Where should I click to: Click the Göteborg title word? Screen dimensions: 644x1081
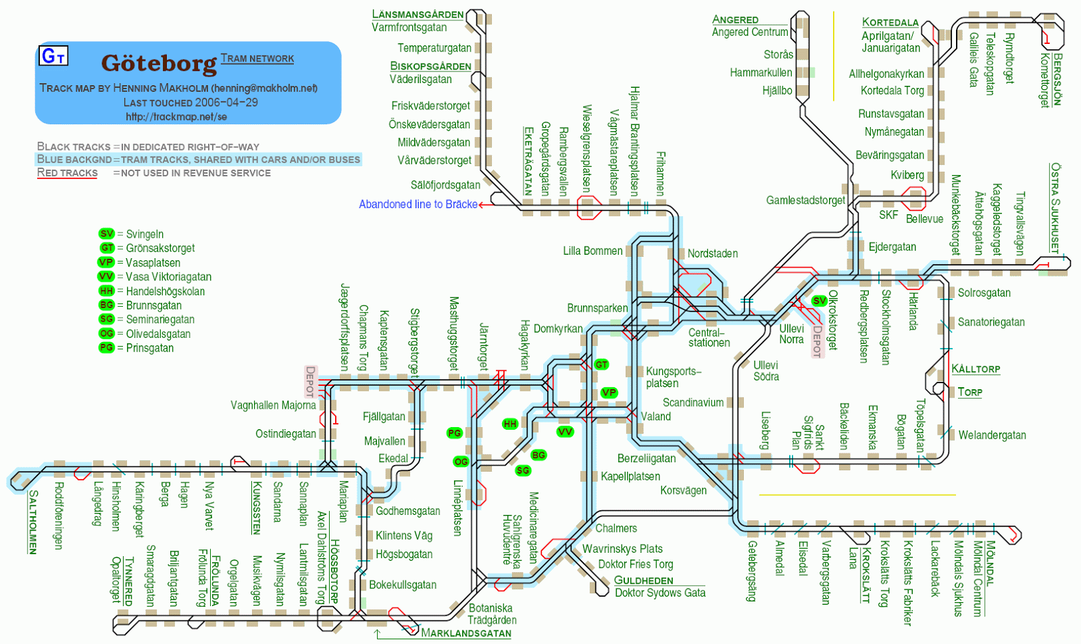click(159, 64)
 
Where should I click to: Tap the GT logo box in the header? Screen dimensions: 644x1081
click(53, 55)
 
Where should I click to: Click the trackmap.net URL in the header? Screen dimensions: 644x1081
click(176, 116)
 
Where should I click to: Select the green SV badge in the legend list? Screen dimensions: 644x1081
click(107, 234)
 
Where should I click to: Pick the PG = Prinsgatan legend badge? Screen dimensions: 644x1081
click(107, 347)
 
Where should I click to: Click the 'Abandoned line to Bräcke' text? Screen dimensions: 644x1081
click(418, 204)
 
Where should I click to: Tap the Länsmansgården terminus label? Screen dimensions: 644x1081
click(418, 14)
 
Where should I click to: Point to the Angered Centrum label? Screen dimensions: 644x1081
click(749, 32)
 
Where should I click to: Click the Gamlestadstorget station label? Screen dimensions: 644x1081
click(805, 200)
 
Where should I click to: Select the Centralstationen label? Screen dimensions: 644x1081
click(709, 338)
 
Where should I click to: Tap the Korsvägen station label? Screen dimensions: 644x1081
click(683, 490)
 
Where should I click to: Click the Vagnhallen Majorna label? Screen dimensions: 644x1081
click(273, 405)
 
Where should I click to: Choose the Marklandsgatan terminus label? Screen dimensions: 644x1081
click(466, 633)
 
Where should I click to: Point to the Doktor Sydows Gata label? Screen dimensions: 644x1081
click(659, 593)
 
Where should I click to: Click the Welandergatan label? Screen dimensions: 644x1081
click(991, 435)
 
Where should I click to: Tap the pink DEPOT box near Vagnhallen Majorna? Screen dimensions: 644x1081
click(310, 381)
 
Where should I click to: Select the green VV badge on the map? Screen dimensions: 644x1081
click(565, 431)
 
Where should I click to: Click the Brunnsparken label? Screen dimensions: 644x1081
click(597, 308)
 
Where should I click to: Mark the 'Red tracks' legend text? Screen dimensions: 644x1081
click(67, 173)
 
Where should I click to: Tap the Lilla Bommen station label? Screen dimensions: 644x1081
click(593, 251)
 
